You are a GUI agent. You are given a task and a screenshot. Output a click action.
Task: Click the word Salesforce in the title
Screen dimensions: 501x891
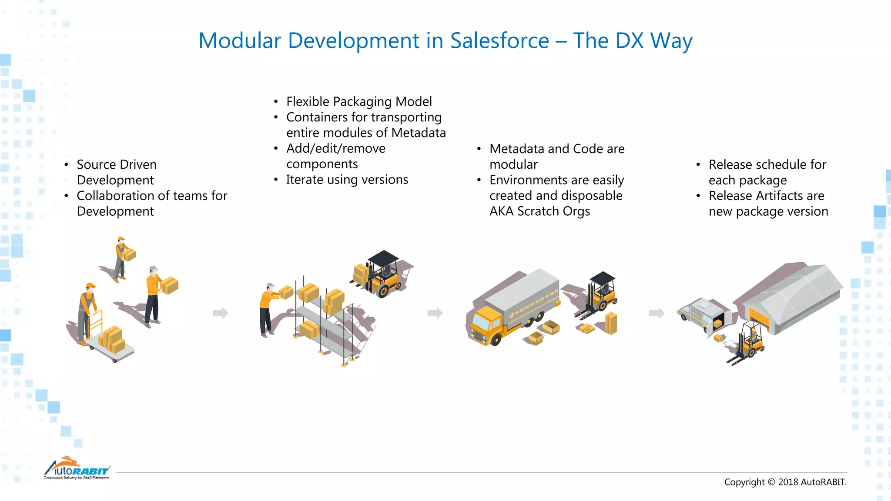click(499, 41)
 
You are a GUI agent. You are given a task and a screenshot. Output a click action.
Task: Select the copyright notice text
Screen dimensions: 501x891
click(785, 482)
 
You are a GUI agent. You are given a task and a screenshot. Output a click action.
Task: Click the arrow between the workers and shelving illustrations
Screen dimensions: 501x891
click(221, 313)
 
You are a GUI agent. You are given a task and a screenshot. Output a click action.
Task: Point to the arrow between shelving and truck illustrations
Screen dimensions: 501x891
click(435, 313)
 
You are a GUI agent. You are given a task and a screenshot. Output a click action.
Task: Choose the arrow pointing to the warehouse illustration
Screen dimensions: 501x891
click(657, 313)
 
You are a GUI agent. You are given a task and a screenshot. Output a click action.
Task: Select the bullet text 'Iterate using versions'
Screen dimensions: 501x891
click(347, 180)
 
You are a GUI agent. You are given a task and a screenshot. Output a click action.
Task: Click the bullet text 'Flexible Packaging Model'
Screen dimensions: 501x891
click(359, 102)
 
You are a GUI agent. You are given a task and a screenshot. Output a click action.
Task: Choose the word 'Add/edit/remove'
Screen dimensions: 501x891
click(335, 149)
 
